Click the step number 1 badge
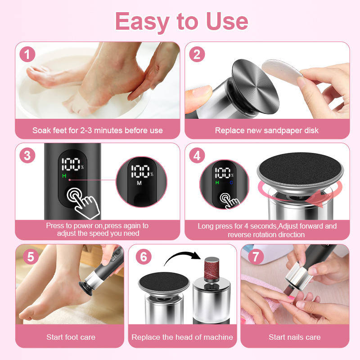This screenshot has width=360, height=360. (27, 54)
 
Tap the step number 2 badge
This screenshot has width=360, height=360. (197, 54)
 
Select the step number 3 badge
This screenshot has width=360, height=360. (27, 155)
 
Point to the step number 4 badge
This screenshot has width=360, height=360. (197, 155)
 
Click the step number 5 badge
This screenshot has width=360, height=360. (31, 256)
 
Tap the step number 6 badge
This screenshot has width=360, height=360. (144, 256)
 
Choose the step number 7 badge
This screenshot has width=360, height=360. (256, 256)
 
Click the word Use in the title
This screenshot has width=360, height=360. (227, 21)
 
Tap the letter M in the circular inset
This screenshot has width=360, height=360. (139, 183)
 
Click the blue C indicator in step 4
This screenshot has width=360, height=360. (231, 183)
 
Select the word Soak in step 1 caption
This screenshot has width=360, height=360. (41, 130)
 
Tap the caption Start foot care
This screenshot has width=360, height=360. (71, 337)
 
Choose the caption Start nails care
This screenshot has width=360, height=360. (295, 337)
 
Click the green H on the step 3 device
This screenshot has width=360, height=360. (64, 176)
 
